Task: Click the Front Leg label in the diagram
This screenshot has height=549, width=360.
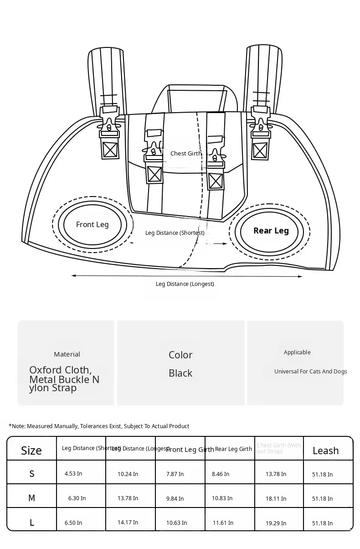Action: coord(92,224)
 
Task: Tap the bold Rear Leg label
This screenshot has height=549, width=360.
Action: coord(271,231)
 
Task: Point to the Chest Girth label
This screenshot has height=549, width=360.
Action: coord(185,154)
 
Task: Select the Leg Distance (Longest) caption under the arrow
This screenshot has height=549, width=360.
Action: coord(185,284)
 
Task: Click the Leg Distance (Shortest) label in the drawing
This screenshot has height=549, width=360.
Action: coord(175,233)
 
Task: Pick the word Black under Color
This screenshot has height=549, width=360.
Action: coord(180,373)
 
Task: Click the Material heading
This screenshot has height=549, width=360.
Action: coord(67,354)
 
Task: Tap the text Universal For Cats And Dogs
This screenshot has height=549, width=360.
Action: coord(310,372)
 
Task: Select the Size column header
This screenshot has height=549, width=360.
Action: coord(31,451)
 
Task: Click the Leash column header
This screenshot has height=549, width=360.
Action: coord(325,451)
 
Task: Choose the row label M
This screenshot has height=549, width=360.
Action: coord(31,498)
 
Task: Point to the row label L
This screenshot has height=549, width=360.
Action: coord(32,523)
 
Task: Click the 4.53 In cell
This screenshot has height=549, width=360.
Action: coord(73,474)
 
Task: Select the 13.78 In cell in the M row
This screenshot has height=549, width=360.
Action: coord(128,498)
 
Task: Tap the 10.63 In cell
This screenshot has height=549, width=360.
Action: coord(176,523)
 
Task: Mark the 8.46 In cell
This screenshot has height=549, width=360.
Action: coord(221,474)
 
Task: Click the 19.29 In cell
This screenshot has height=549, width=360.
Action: coord(276,523)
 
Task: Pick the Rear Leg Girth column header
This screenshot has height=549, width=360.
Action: coord(233,449)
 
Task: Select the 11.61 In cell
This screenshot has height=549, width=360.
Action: coord(223,523)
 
